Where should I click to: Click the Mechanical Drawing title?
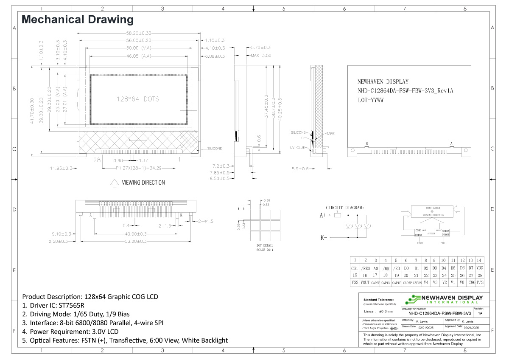tap(78, 20)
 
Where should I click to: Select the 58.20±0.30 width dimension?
tap(139, 33)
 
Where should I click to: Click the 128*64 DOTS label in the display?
tap(138, 99)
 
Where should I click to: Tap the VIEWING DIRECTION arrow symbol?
tap(114, 183)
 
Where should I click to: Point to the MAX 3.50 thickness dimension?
tap(260, 55)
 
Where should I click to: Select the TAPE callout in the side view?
tap(330, 134)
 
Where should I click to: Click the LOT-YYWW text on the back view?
tap(371, 100)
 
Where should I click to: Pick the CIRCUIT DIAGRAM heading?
tap(344, 208)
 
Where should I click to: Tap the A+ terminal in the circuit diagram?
tap(323, 215)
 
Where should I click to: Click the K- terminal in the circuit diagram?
tap(323, 238)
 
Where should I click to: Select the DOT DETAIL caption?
tap(265, 245)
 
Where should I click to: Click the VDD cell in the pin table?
tap(479, 268)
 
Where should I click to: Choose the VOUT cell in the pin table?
tap(365, 282)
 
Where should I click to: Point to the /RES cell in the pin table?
tap(365, 268)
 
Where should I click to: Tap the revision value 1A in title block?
tap(480, 313)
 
